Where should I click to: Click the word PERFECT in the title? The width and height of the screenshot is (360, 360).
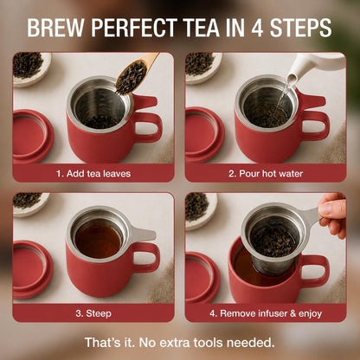(135, 28)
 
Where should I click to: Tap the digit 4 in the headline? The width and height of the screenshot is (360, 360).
(257, 28)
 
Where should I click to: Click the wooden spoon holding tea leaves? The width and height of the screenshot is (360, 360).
(135, 74)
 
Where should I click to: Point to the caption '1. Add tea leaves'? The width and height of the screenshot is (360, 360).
(93, 174)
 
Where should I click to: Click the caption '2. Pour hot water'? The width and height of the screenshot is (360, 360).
(266, 174)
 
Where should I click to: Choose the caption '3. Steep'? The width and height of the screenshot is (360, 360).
(93, 313)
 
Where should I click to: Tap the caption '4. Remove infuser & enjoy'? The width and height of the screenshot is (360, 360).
(266, 313)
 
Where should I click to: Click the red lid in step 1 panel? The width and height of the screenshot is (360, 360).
(32, 137)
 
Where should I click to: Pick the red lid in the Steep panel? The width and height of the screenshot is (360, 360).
(32, 270)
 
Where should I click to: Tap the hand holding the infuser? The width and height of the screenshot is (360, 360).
(333, 214)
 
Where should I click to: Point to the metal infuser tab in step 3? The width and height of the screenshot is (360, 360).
(143, 235)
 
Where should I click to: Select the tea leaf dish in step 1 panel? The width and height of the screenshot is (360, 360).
(31, 68)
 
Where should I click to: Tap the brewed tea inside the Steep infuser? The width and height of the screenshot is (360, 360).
(99, 238)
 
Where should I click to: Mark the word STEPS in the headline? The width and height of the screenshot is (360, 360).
(300, 28)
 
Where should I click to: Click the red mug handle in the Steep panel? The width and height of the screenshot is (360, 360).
(147, 258)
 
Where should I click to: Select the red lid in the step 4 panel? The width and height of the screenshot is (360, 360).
(202, 278)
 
